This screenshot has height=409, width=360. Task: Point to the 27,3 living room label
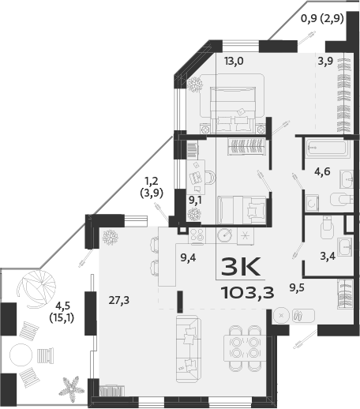click(x=118, y=298)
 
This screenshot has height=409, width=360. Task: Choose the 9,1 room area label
click(x=196, y=200)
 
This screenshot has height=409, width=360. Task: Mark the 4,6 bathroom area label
click(x=322, y=170)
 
